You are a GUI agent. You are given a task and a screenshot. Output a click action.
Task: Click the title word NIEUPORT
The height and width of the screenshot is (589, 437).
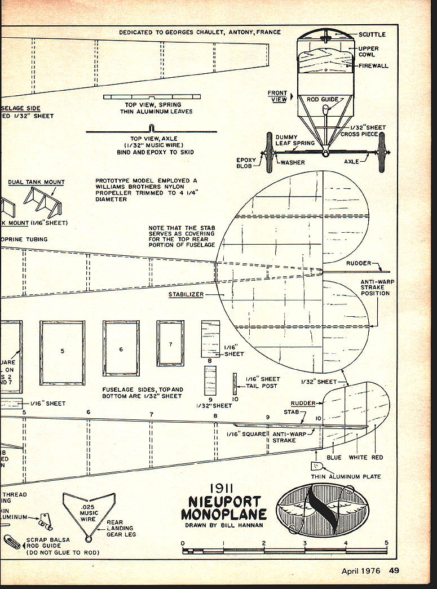(x=220, y=502)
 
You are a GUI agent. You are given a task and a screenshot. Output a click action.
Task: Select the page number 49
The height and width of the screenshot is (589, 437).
(x=394, y=570)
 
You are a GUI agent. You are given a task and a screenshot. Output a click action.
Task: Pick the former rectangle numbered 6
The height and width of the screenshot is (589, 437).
(x=121, y=348)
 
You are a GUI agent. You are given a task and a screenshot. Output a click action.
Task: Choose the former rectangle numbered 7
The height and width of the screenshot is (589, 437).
(x=170, y=343)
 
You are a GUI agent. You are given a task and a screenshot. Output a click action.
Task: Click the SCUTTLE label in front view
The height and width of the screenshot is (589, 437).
(x=372, y=34)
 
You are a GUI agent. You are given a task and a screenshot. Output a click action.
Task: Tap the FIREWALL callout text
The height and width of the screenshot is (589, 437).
(x=374, y=66)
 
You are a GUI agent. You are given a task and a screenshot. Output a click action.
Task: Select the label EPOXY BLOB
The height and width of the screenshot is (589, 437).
(x=246, y=163)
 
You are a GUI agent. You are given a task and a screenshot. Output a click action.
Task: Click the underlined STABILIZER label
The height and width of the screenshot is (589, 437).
(x=186, y=294)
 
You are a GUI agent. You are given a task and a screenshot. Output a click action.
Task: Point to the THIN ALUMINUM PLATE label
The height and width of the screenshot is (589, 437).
(x=354, y=476)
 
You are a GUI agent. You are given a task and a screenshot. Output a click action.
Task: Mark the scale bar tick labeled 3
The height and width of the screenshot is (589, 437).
(x=305, y=543)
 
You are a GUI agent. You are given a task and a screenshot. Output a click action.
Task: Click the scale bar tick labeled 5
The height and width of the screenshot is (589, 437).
(x=386, y=543)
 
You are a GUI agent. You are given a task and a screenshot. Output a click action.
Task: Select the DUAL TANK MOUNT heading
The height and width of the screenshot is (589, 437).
(x=36, y=182)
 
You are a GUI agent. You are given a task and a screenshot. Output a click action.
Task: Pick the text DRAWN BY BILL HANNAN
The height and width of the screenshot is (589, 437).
(x=224, y=525)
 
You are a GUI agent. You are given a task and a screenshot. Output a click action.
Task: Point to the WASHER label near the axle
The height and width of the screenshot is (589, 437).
(x=292, y=162)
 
